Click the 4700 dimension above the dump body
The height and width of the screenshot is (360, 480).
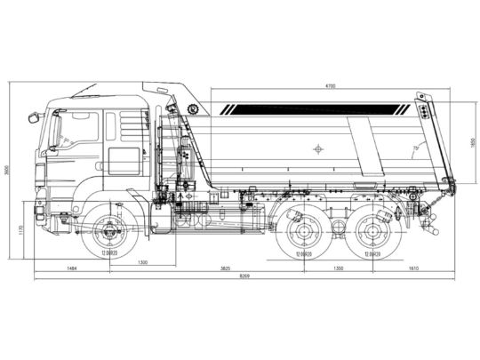(330, 85)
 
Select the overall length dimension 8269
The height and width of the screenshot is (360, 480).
(244, 276)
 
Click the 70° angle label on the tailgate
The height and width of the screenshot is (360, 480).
(414, 148)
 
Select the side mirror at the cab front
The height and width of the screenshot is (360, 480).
(34, 116)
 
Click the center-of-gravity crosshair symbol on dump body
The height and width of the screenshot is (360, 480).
(318, 148)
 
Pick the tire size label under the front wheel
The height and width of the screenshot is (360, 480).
(110, 254)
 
